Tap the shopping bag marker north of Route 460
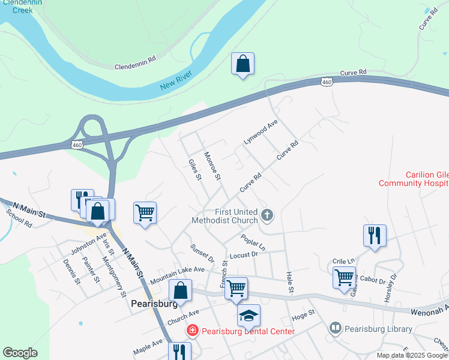243,64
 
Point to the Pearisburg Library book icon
335,329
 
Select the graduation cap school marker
249,316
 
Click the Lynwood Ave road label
261,132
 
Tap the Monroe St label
212,165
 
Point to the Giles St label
194,169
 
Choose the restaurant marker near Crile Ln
375,235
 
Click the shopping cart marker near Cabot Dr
344,278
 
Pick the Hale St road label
289,282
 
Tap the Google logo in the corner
20,352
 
